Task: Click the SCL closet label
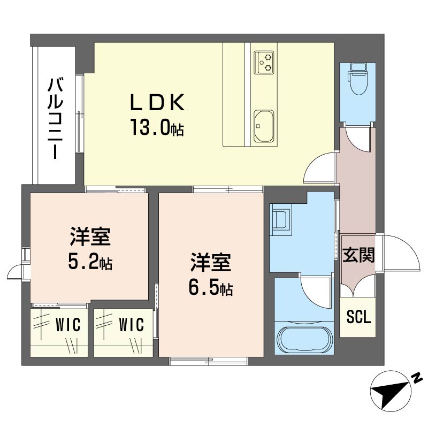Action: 358,317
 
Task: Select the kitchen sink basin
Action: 263,126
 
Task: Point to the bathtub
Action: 302,338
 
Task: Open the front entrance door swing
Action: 401,254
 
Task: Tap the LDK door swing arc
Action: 320,169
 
